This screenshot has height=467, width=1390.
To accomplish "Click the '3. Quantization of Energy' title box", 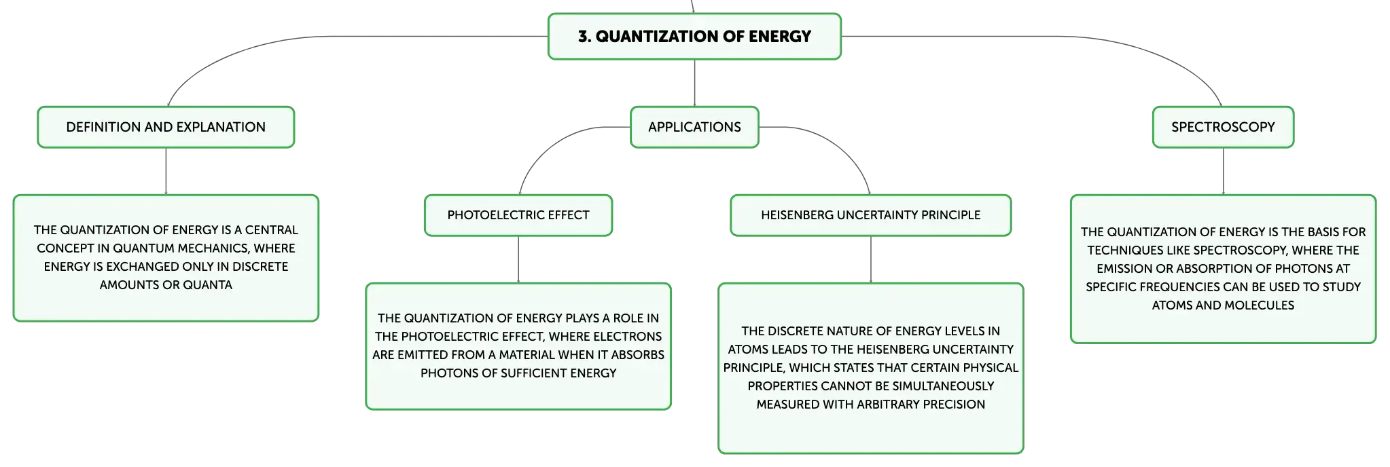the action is click(694, 37).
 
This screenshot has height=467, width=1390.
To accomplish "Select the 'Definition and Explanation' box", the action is click(166, 127).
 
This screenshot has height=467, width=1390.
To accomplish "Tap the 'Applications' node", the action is click(694, 127).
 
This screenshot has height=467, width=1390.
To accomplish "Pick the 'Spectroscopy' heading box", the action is click(1223, 127).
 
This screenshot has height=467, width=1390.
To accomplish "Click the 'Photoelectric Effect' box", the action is click(518, 215).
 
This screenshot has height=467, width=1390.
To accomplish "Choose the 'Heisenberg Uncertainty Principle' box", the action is click(871, 215).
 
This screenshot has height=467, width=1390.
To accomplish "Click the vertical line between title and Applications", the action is click(694, 83).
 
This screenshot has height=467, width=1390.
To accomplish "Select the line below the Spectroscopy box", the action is click(1223, 171).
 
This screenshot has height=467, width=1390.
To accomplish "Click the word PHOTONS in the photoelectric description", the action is click(445, 373).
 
